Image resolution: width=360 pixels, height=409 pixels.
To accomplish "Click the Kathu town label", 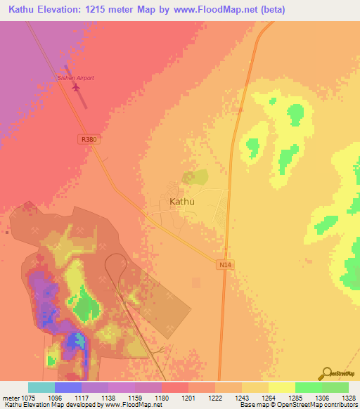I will coord(182,202).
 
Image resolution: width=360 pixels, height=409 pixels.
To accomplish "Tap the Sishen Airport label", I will coord(75,78).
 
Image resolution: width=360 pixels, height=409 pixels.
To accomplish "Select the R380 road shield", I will coord(89,140).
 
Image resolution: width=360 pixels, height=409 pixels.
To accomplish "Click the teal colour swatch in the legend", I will coord(41,387).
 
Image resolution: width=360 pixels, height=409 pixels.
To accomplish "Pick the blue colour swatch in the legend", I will coord(67,387).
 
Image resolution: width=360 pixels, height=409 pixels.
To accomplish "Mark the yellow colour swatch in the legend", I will coord(281,387).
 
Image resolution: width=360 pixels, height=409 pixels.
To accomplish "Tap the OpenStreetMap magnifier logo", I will coord(326,373).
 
